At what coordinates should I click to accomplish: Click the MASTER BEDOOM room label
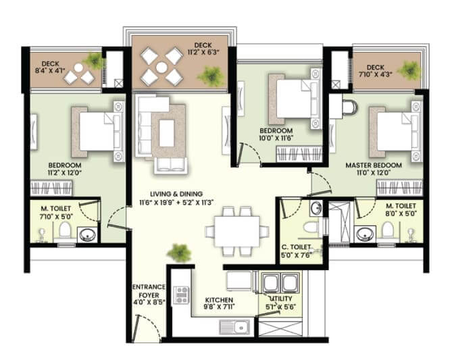point(374,165)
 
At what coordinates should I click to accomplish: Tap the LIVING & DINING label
point(176,194)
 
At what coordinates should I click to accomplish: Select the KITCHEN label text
point(219,300)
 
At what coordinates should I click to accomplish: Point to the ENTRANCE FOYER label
point(149,291)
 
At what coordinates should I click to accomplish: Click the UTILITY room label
point(280,299)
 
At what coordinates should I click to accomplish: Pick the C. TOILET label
point(297,247)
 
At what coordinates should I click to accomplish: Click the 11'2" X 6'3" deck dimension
point(203,52)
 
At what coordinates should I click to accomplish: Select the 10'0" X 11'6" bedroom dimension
point(276,138)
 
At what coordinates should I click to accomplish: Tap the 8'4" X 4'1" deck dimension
point(51,71)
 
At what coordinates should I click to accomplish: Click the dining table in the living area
point(237,231)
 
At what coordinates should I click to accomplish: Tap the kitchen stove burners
point(182,295)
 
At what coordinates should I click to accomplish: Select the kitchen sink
point(234,327)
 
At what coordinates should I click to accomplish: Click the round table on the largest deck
point(161,68)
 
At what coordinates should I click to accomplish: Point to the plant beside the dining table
point(179,253)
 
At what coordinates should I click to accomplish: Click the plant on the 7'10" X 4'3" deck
point(409,71)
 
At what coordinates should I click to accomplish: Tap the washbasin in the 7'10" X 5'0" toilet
point(86,234)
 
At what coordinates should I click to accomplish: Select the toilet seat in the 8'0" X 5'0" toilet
point(387,231)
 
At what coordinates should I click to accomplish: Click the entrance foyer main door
point(136,328)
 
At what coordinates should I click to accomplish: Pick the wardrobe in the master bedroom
point(399,188)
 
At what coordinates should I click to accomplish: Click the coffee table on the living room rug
point(167,133)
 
